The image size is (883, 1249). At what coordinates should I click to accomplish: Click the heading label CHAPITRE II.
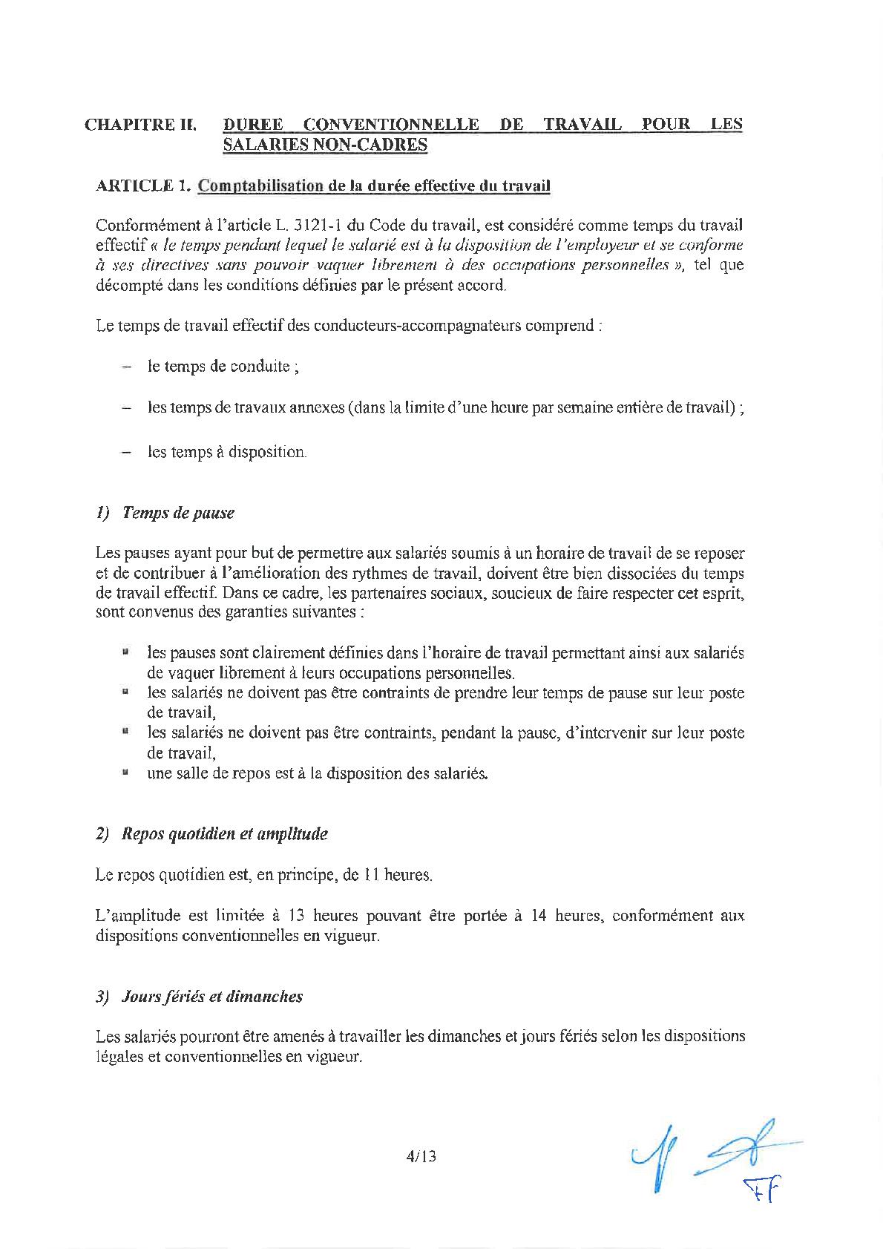[x=141, y=125]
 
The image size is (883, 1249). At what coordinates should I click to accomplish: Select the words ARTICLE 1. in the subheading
[x=143, y=186]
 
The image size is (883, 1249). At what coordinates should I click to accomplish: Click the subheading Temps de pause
[x=178, y=513]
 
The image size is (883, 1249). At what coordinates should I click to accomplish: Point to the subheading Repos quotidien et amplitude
[x=225, y=834]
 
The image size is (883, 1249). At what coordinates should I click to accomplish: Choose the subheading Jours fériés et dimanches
[x=212, y=997]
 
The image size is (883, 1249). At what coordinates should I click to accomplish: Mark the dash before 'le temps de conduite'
[x=127, y=367]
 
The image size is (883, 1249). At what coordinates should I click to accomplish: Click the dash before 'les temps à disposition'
[x=127, y=452]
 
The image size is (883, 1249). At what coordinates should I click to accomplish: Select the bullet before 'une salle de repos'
[x=126, y=773]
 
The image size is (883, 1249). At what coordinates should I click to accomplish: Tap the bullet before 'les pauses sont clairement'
[x=126, y=653]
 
